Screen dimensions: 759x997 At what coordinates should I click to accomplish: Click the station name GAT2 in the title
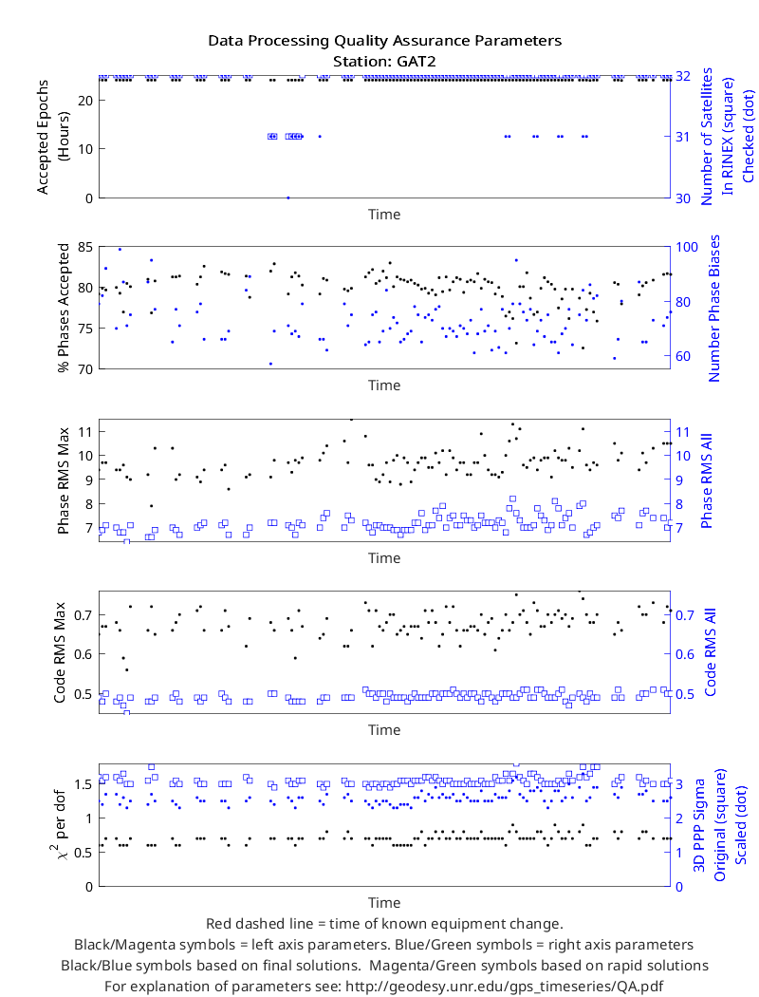click(x=416, y=62)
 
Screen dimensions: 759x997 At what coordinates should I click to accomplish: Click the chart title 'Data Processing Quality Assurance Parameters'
click(x=385, y=41)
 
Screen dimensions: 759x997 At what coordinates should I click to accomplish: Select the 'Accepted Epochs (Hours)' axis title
click(x=52, y=137)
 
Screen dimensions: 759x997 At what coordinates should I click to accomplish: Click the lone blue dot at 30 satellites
click(x=287, y=198)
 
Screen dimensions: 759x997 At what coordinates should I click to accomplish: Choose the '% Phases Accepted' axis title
click(x=63, y=308)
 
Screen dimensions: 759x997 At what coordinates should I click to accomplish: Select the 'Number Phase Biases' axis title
click(x=713, y=309)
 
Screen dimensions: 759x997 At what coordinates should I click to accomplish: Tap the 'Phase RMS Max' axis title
click(x=63, y=480)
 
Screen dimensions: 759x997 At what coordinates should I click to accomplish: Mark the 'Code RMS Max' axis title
click(x=60, y=652)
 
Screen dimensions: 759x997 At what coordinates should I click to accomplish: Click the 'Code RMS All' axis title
click(x=710, y=652)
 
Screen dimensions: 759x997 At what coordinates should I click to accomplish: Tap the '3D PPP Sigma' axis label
click(x=699, y=825)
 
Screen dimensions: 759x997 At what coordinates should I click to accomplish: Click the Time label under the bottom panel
click(x=384, y=903)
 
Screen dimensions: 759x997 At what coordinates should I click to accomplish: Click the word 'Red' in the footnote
click(x=218, y=924)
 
